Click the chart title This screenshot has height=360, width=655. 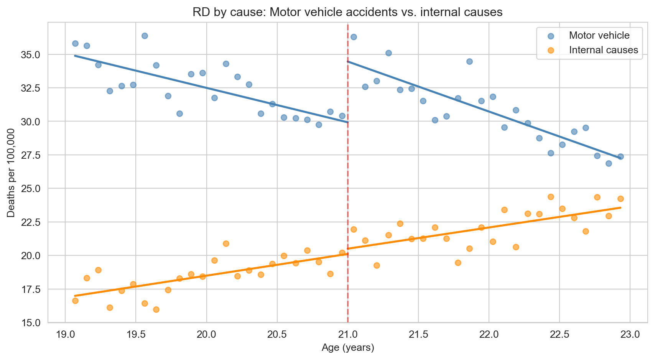[347, 12]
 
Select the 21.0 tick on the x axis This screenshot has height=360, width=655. [347, 334]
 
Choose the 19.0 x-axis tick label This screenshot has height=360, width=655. [65, 334]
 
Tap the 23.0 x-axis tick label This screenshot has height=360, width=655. [630, 334]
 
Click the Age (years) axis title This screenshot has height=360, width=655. [347, 348]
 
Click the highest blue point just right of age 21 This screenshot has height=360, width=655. [354, 37]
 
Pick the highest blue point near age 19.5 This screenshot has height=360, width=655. [145, 36]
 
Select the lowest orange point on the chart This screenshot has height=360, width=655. [156, 309]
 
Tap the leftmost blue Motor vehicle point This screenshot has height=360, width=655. [75, 43]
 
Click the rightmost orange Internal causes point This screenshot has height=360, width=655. [620, 199]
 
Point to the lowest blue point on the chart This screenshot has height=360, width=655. [609, 163]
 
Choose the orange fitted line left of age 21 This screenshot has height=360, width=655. [211, 275]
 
